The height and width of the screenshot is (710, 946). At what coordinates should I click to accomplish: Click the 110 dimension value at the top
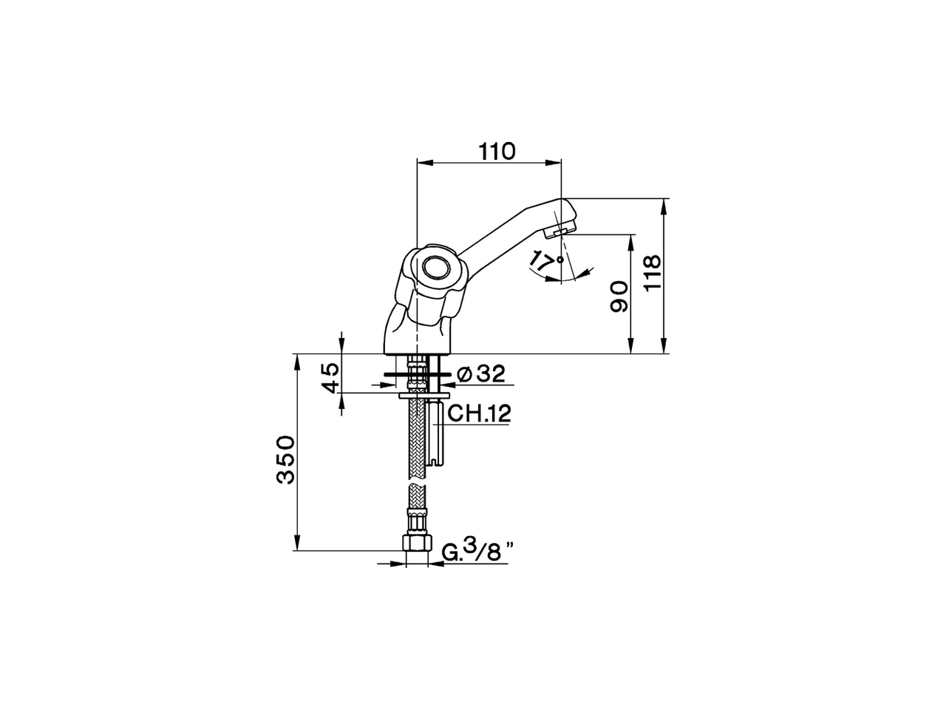click(x=496, y=151)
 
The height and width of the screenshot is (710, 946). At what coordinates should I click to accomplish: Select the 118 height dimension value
click(x=651, y=274)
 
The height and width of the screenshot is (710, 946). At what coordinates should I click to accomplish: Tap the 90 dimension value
click(x=619, y=297)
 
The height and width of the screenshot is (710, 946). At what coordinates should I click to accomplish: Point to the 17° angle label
click(x=545, y=261)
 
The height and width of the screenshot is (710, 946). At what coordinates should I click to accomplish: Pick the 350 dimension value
click(x=285, y=459)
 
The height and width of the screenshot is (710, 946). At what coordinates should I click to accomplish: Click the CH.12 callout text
click(x=479, y=413)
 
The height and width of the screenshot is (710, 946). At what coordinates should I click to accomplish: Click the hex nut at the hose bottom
click(x=418, y=541)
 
